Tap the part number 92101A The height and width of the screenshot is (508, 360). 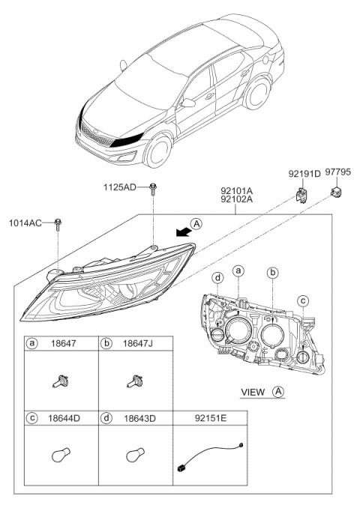pyautogui.click(x=235, y=190)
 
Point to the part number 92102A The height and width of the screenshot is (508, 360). pyautogui.click(x=235, y=200)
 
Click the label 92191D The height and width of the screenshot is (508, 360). pyautogui.click(x=304, y=174)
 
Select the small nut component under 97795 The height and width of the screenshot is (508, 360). pyautogui.click(x=334, y=194)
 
